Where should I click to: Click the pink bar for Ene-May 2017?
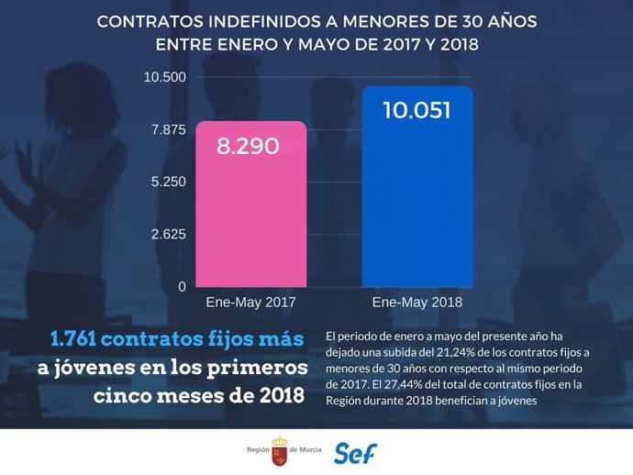pos(250,204)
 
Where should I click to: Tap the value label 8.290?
pos(248,146)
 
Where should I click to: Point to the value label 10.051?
pos(416,112)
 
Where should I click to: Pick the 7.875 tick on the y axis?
pos(169,129)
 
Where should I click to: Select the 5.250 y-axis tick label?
pos(169,182)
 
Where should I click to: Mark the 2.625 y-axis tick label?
pos(169,234)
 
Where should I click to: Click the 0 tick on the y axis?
pos(182,286)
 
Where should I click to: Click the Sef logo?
pos(355,452)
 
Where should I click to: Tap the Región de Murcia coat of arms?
pos(278,451)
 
